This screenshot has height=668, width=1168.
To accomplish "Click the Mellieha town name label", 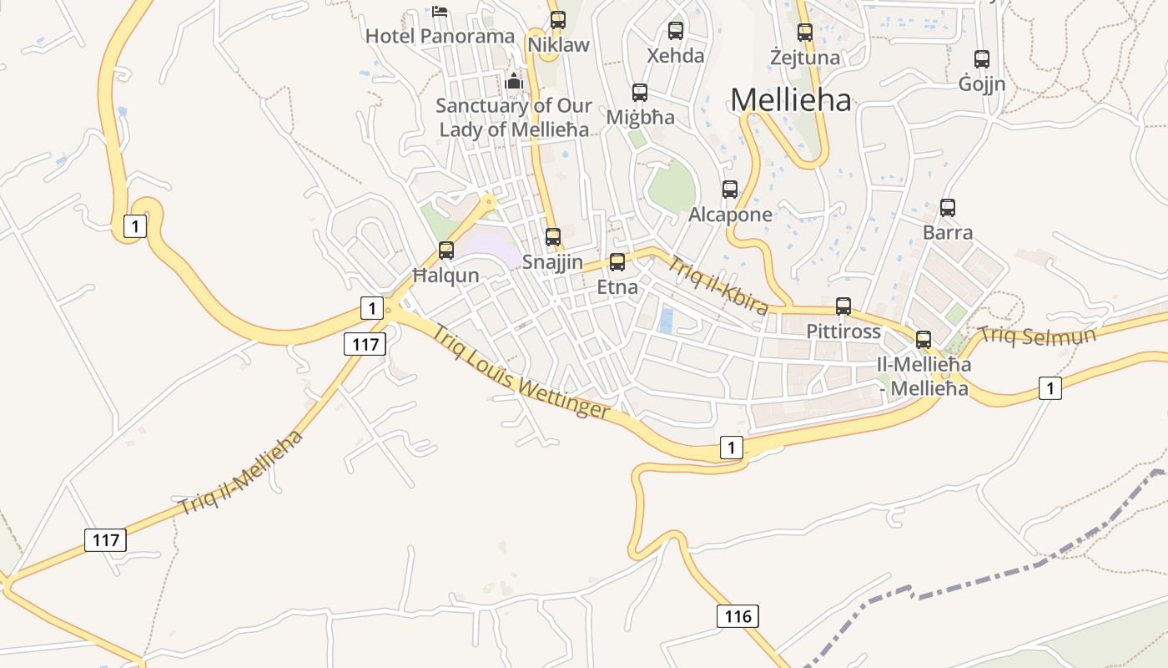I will pos(791,100).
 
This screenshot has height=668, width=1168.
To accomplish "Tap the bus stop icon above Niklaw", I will pos(558,20).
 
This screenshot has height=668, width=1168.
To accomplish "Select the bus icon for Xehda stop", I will pos(676,31).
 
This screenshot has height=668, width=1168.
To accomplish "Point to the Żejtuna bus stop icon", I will pos(805,33).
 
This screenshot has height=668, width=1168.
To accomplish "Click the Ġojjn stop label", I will pos(982,84).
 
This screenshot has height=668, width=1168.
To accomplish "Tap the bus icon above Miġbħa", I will pos(640,92).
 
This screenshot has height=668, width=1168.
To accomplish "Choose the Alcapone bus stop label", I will pos(730,215).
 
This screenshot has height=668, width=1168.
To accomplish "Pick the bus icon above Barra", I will pos(948,208).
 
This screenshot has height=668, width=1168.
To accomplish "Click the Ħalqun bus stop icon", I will pos(446,250).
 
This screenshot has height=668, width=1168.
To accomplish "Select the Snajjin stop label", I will pos(552,261).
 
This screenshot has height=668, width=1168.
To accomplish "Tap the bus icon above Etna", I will pos(617,262).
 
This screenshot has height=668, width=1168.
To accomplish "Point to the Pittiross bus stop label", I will pos(843,331).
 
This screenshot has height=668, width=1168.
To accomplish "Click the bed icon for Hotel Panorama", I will pos(440,12).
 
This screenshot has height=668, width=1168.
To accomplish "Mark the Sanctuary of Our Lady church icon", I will pos(513,82).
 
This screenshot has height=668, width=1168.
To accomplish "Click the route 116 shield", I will pos(738,617).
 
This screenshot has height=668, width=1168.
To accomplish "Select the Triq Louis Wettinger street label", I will pos(521,370).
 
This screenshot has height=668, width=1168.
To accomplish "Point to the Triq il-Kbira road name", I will pos(717,286).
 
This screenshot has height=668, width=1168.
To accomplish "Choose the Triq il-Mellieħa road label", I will pos(240,472).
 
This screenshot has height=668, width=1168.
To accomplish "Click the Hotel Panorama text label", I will pos(441,36).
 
